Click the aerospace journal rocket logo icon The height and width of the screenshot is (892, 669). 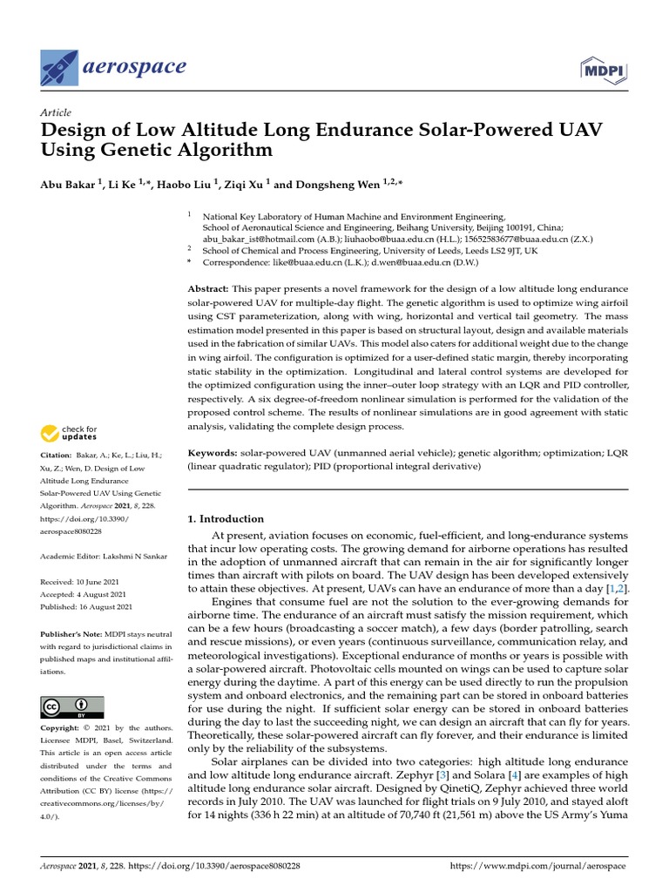(59, 67)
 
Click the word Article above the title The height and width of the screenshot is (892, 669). (56, 113)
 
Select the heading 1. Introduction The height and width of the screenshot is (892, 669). (226, 519)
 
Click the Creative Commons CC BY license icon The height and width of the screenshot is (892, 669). (72, 706)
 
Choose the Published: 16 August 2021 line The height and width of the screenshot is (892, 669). (87, 606)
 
